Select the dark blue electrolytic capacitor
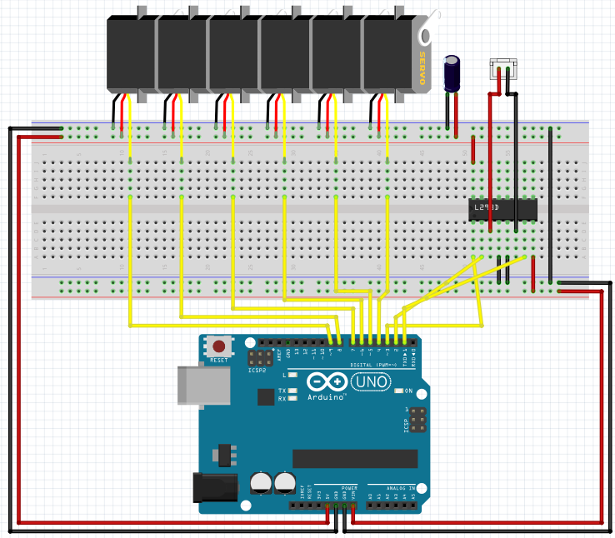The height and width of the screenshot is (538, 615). coord(452,73)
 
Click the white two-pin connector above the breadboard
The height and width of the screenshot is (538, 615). coord(503,67)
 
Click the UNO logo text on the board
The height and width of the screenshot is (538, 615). coord(367,381)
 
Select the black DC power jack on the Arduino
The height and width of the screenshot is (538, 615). coord(211,487)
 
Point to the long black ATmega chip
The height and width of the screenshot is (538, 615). coord(354,458)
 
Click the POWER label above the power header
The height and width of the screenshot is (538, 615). coord(347,486)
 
